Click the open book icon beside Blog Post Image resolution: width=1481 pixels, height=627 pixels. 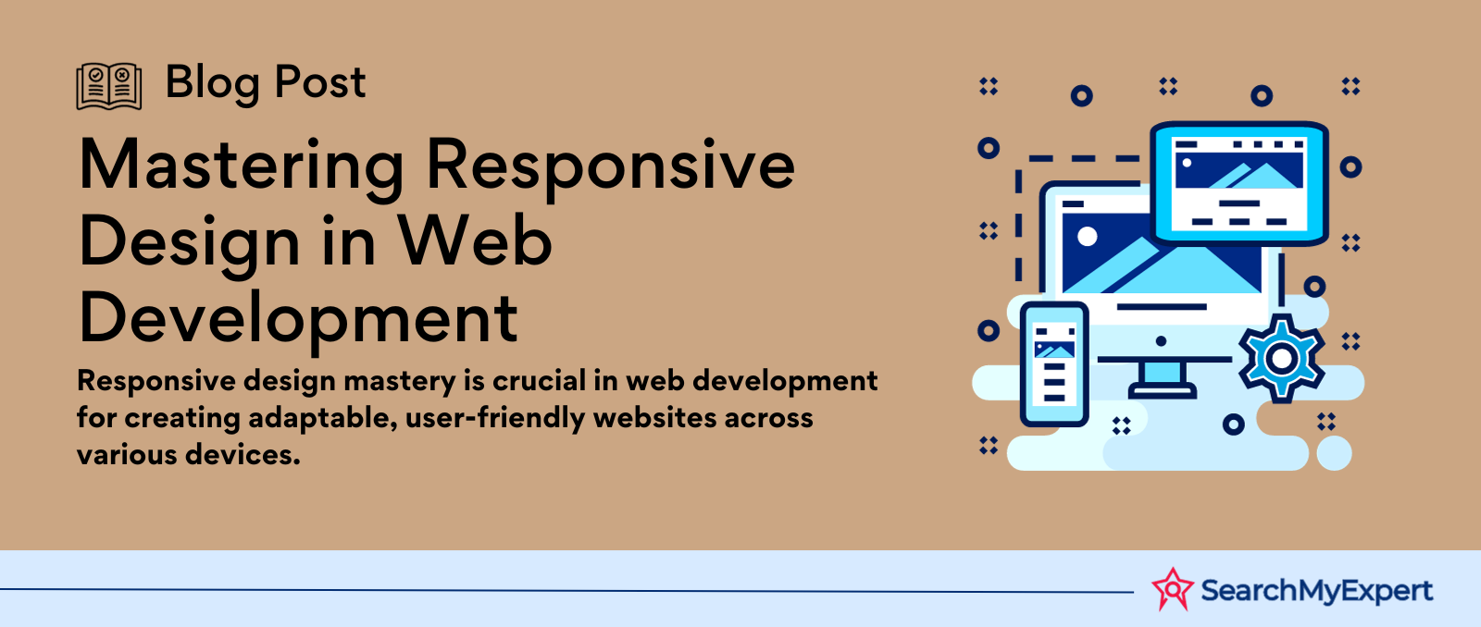(x=109, y=86)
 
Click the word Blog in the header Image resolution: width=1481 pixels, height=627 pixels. (x=212, y=84)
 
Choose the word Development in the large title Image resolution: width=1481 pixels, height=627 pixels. (x=298, y=321)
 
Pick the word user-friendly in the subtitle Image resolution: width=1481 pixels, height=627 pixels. (x=494, y=418)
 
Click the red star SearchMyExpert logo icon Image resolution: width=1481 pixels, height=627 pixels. (x=1172, y=589)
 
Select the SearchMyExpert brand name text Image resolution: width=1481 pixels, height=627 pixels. (x=1316, y=591)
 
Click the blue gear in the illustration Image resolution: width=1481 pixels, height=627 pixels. (x=1281, y=359)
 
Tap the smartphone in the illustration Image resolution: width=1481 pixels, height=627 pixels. (x=1054, y=364)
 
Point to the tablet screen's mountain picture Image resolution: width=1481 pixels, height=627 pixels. (x=1239, y=171)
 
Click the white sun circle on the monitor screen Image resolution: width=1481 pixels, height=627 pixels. (x=1087, y=237)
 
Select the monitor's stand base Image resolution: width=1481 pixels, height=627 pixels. (x=1162, y=393)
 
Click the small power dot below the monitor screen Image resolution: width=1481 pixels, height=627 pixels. (x=1161, y=341)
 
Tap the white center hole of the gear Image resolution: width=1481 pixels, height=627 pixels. (x=1281, y=359)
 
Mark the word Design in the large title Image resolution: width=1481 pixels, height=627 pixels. (x=190, y=244)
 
